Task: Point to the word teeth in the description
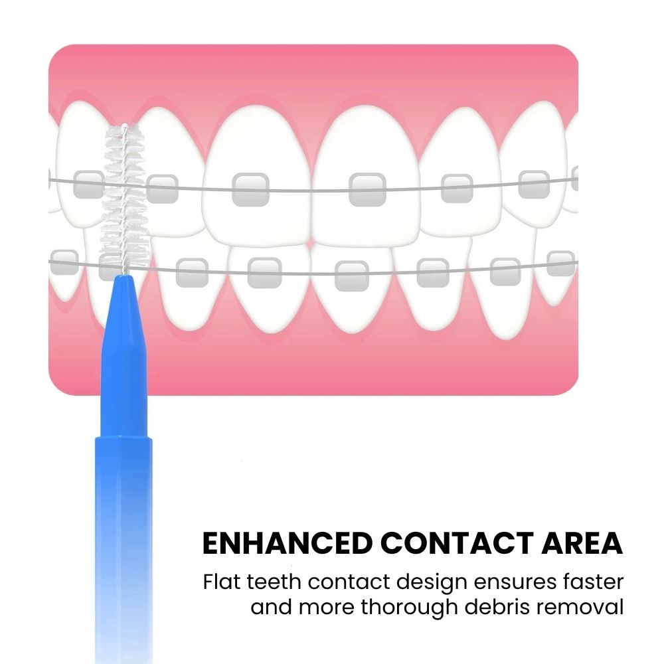(x=274, y=582)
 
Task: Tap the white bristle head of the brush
(x=125, y=198)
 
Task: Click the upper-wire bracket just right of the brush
(x=162, y=188)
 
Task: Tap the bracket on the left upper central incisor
(x=251, y=189)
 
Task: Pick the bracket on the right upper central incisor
(x=368, y=189)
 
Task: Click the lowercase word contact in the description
(x=349, y=582)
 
